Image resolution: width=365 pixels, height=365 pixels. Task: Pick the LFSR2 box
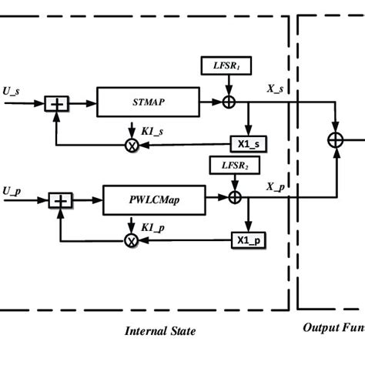click(x=229, y=166)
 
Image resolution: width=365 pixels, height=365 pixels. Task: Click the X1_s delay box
click(x=248, y=143)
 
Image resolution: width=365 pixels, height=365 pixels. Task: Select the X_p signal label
click(x=276, y=187)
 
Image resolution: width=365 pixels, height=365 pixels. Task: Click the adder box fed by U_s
click(x=55, y=102)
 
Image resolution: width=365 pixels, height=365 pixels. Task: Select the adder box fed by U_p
click(x=60, y=200)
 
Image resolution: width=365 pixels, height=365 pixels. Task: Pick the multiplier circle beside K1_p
click(x=131, y=240)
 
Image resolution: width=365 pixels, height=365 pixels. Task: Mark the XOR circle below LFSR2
click(x=236, y=199)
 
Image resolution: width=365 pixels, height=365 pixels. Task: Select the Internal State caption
click(x=160, y=331)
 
